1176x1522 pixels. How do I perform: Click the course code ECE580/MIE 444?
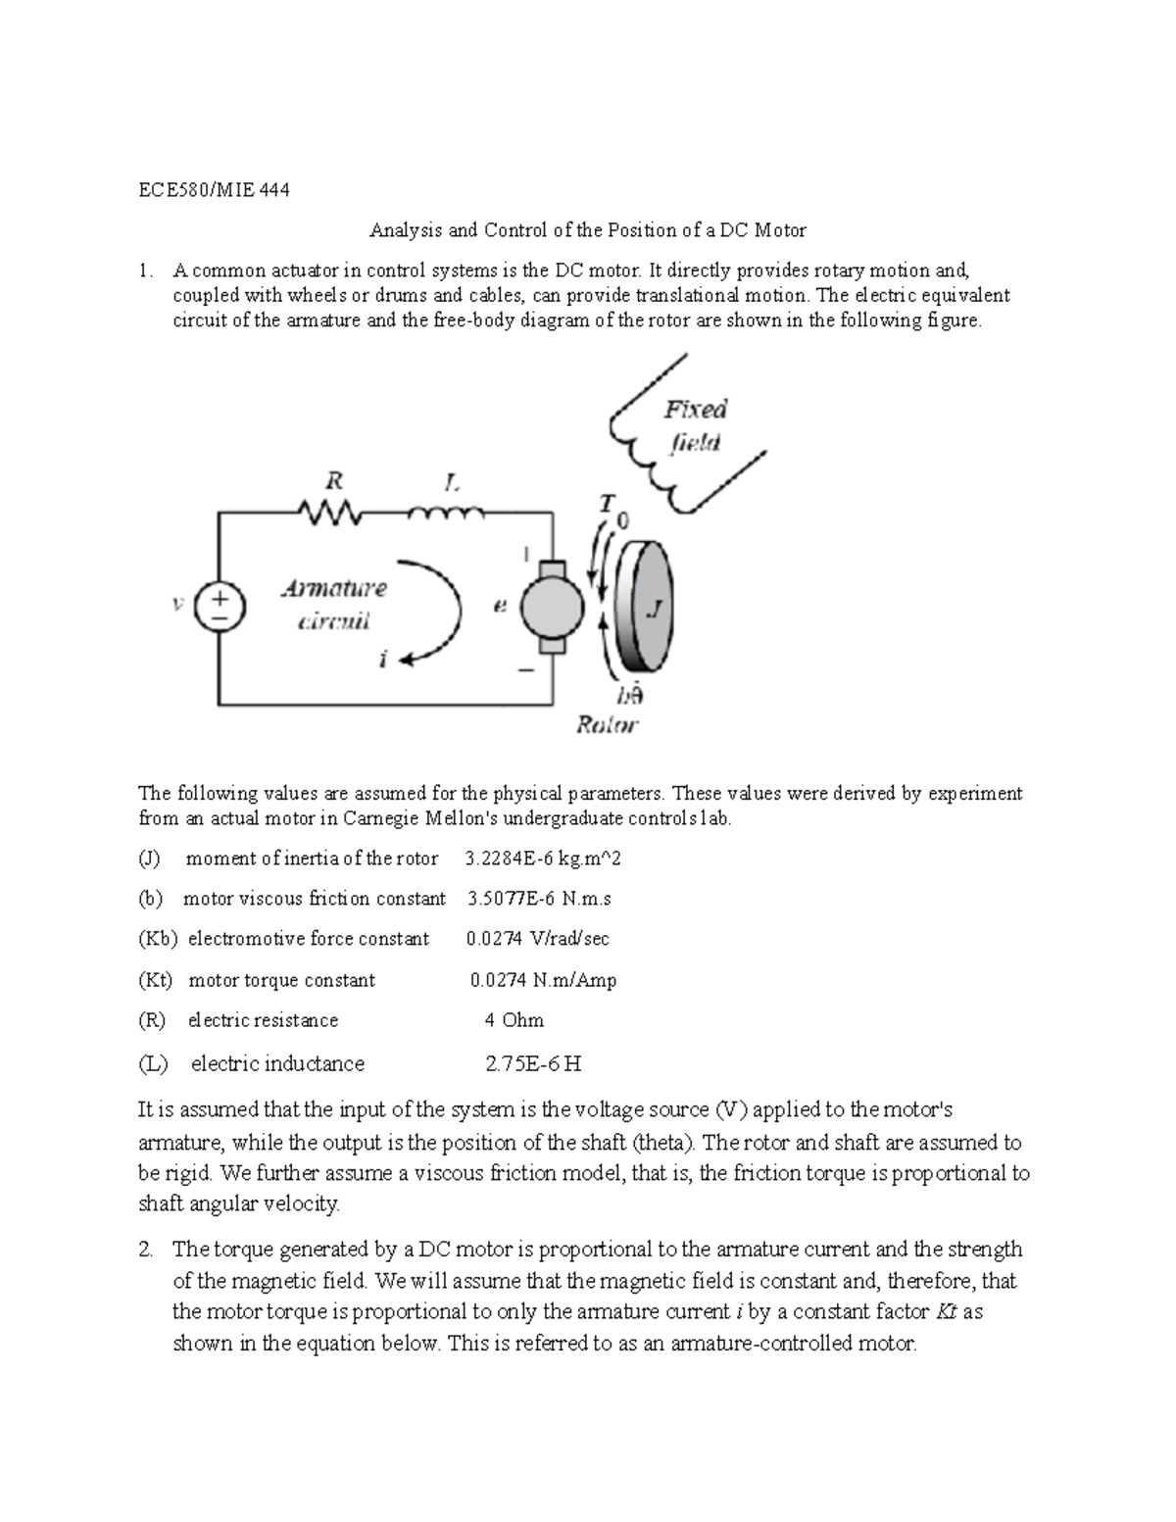pos(214,190)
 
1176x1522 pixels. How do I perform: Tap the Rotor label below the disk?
pos(607,725)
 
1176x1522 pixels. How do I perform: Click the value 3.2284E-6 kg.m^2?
pos(544,859)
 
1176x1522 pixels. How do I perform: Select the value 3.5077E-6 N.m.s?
pos(539,899)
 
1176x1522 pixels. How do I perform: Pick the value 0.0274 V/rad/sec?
pos(538,939)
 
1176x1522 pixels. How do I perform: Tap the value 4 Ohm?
pos(514,1020)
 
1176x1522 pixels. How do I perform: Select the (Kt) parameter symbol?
pos(156,980)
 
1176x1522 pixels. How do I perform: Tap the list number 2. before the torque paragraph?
pos(146,1250)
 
